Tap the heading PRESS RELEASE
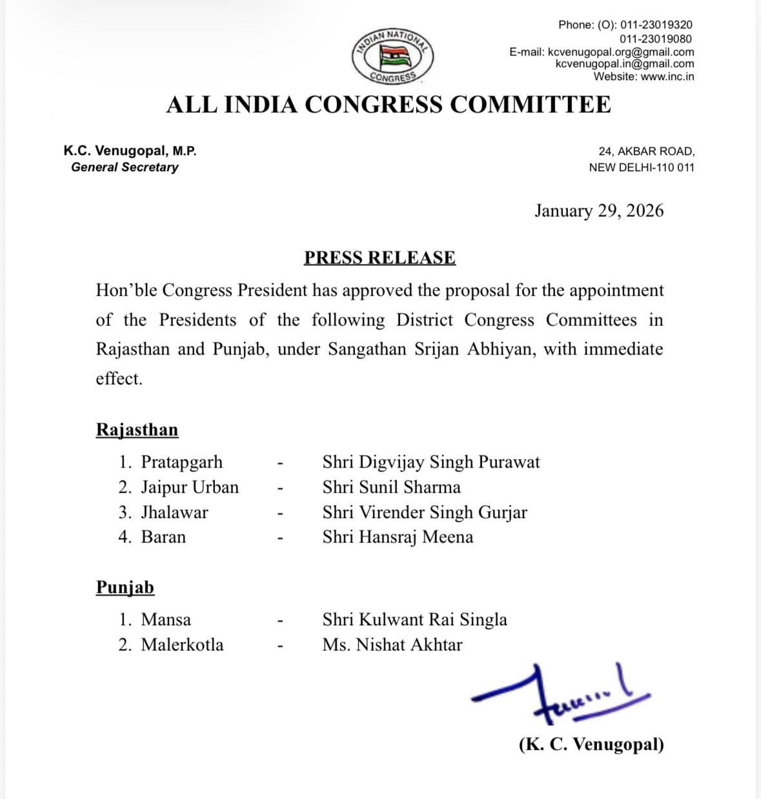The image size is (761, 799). [x=380, y=258]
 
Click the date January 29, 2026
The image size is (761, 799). [x=598, y=211]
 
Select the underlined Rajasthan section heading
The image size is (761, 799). [x=137, y=430]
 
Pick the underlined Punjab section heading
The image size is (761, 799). [x=125, y=587]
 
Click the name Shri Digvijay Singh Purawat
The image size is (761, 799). [x=431, y=462]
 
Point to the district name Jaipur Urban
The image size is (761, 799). [x=190, y=487]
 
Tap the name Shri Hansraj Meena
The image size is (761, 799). [x=398, y=537]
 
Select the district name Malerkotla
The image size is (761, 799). [x=182, y=645]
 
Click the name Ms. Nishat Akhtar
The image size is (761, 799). [x=392, y=645]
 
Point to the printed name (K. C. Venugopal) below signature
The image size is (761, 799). [x=591, y=745]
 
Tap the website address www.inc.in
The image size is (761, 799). [x=667, y=76]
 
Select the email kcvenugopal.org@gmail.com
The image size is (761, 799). [x=620, y=52]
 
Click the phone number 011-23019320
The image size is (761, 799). [x=656, y=25]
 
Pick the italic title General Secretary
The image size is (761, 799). [x=125, y=167]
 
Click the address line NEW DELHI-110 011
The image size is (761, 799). [x=642, y=167]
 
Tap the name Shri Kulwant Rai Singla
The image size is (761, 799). [x=414, y=619]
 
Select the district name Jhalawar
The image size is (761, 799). [x=174, y=512]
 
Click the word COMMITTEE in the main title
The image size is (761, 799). [x=530, y=105]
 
